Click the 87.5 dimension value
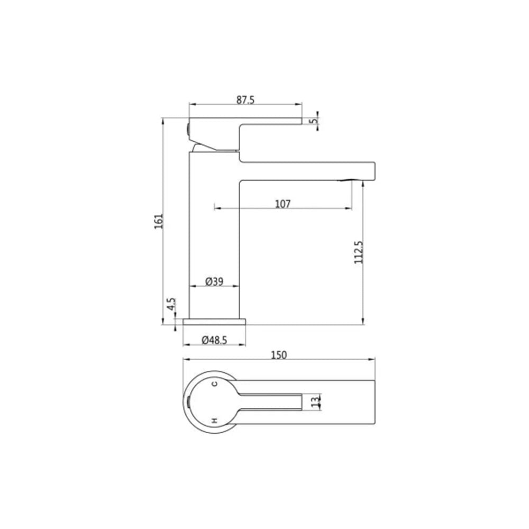pyautogui.click(x=245, y=100)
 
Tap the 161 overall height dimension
pyautogui.click(x=159, y=221)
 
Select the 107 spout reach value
pyautogui.click(x=282, y=204)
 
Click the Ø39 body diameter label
pyautogui.click(x=214, y=281)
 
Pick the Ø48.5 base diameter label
pyautogui.click(x=214, y=340)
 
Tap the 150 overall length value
pyautogui.click(x=279, y=355)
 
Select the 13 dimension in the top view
pyautogui.click(x=315, y=402)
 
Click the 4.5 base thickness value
pyautogui.click(x=172, y=304)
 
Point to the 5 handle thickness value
pyautogui.click(x=314, y=120)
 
